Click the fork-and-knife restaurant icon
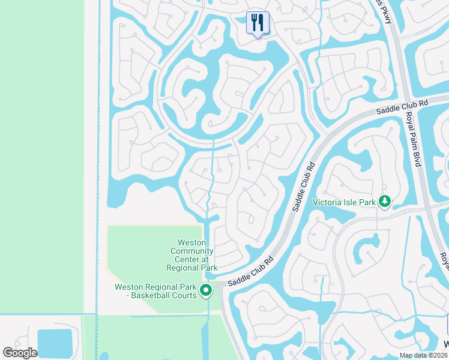point(258,23)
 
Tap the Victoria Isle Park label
point(343,202)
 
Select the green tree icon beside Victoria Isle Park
point(384,202)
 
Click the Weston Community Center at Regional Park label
point(191,255)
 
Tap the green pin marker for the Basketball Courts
point(206,291)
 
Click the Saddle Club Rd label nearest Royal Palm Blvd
point(402,107)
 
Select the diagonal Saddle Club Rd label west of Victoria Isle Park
point(304,187)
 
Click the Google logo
point(20,353)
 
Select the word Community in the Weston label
point(191,251)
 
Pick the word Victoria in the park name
point(326,202)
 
